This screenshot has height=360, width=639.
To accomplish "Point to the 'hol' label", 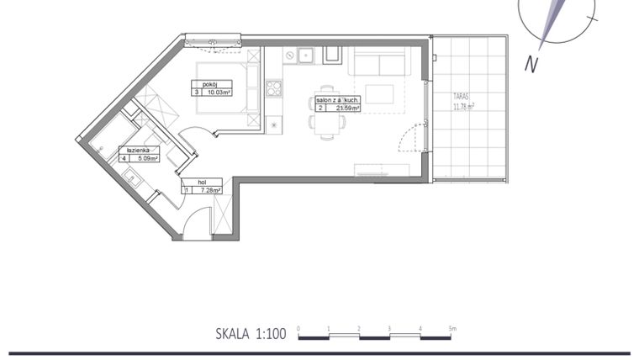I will pyautogui.click(x=202, y=182).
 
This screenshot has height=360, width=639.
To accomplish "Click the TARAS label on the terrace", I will pyautogui.click(x=462, y=97).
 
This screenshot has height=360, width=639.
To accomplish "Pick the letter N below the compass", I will pyautogui.click(x=531, y=64).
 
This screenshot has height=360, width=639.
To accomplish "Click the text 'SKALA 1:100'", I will pyautogui.click(x=251, y=334).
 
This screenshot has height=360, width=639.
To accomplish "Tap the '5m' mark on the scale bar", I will pyautogui.click(x=452, y=328).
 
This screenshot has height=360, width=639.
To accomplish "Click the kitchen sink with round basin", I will pyautogui.click(x=289, y=56).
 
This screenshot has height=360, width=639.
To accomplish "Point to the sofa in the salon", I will pyautogui.click(x=379, y=61).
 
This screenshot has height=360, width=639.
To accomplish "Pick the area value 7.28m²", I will pyautogui.click(x=209, y=191).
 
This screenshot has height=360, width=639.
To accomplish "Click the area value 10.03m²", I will pyautogui.click(x=217, y=93).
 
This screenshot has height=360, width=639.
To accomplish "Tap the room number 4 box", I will pyautogui.click(x=124, y=158).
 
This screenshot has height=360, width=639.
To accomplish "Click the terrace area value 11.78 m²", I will pyautogui.click(x=464, y=107).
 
